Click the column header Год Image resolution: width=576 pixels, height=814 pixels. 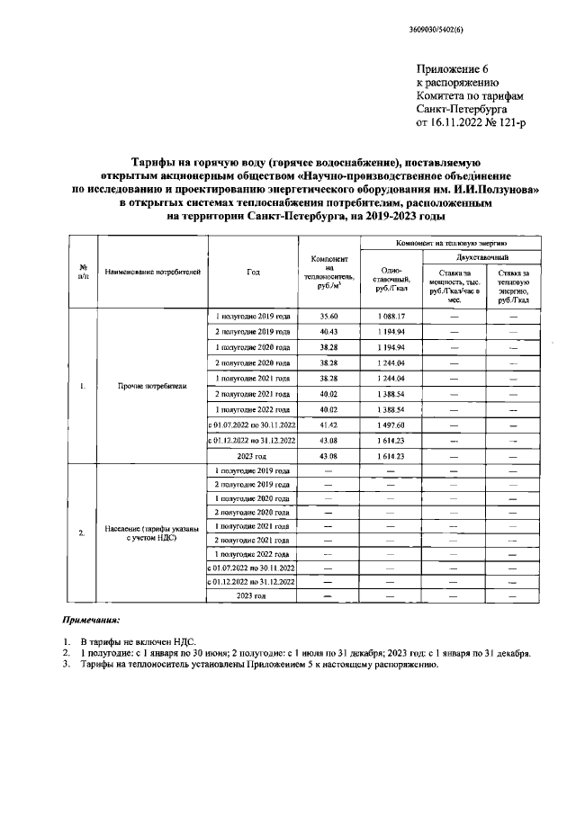tap(253, 270)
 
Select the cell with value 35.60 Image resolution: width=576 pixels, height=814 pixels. tap(329, 317)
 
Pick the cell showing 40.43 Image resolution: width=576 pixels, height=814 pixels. tap(329, 332)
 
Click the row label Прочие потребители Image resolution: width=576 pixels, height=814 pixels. tap(152, 387)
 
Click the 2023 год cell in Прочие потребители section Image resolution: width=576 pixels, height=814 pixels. tap(253, 456)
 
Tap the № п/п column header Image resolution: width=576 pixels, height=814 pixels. tap(83, 270)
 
